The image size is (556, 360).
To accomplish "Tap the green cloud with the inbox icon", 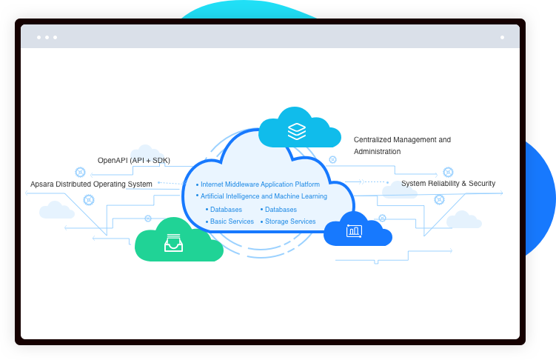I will pyautogui.click(x=178, y=241).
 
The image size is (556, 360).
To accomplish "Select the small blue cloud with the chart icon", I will pyautogui.click(x=357, y=230).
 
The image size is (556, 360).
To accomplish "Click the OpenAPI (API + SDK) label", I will pyautogui.click(x=133, y=160).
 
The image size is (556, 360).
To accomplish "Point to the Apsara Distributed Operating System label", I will pyautogui.click(x=91, y=184).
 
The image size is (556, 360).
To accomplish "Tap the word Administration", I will pyautogui.click(x=378, y=151).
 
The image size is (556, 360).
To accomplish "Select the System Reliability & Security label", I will pyautogui.click(x=448, y=184).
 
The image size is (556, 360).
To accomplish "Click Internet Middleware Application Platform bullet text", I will pyautogui.click(x=260, y=184).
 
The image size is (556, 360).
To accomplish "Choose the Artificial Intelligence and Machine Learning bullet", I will pyautogui.click(x=264, y=196).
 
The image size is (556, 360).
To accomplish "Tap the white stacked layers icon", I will pyautogui.click(x=296, y=131).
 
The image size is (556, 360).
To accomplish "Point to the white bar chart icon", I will pyautogui.click(x=354, y=231).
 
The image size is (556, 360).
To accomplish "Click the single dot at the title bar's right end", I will pyautogui.click(x=502, y=37).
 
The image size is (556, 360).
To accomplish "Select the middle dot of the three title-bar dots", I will pyautogui.click(x=47, y=37).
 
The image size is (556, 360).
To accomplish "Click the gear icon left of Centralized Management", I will pyautogui.click(x=332, y=159).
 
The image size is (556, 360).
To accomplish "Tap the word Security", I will pyautogui.click(x=480, y=184).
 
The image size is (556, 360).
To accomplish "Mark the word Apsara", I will pyautogui.click(x=41, y=184).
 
